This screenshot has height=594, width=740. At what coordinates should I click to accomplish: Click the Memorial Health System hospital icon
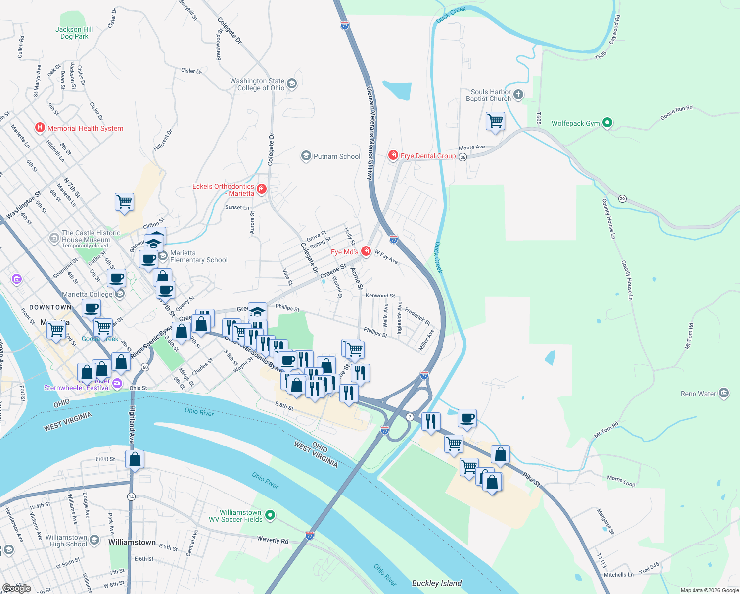(40, 128)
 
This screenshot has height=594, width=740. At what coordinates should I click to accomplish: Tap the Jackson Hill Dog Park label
(74, 33)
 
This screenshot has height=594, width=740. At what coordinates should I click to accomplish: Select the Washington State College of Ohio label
(257, 84)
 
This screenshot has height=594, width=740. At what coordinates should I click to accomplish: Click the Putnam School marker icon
(306, 156)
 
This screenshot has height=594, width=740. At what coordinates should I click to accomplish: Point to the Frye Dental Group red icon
(393, 156)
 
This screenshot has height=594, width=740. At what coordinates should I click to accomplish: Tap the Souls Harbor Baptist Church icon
(518, 95)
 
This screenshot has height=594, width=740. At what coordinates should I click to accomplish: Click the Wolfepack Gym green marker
(608, 123)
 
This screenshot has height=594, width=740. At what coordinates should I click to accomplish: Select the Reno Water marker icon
(724, 394)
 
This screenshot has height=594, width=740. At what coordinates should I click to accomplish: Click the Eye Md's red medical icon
(366, 251)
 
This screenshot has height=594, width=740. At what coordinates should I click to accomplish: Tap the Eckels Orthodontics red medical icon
(262, 189)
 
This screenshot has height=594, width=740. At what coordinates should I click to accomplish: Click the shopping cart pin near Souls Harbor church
(495, 121)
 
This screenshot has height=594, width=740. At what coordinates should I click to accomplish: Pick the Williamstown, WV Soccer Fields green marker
(270, 515)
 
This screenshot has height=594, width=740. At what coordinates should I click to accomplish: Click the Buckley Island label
(437, 583)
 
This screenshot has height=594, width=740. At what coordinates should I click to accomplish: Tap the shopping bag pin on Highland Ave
(135, 460)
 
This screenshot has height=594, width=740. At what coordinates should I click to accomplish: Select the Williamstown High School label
(66, 541)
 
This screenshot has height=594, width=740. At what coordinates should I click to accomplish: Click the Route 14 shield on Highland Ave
(131, 496)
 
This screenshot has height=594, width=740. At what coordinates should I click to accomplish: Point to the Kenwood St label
(380, 296)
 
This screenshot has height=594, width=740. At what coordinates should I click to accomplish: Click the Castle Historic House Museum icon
(54, 238)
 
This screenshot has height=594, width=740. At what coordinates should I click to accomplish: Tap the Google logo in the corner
(17, 588)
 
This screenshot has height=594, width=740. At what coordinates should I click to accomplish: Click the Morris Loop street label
(621, 481)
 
